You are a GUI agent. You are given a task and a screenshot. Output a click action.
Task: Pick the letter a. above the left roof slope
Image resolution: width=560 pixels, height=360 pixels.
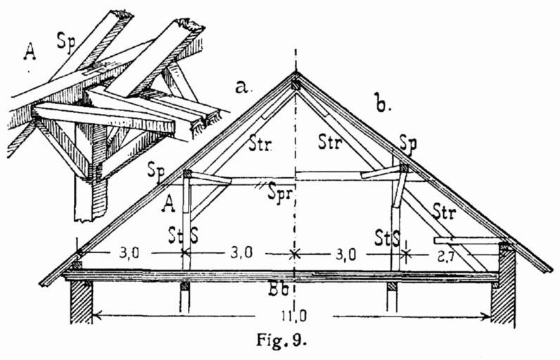(x=243, y=88)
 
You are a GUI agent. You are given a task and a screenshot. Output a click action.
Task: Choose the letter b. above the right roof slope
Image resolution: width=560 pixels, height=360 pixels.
(x=382, y=106)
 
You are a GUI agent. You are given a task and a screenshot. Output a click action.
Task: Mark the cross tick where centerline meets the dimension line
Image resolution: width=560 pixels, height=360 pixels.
(x=295, y=252)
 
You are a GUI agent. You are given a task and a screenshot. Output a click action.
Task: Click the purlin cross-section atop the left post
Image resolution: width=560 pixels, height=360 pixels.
(x=186, y=173)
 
